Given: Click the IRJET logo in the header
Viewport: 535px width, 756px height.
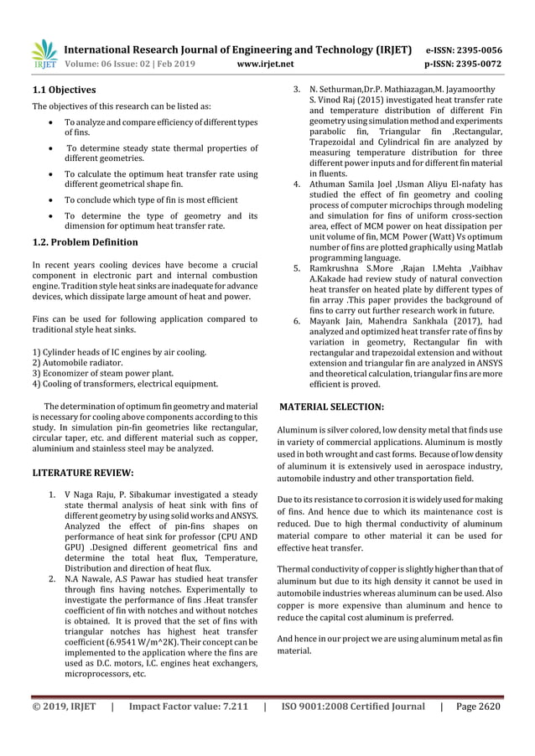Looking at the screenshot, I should pyautogui.click(x=44, y=54).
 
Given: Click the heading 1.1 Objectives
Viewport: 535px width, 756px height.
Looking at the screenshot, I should pyautogui.click(x=64, y=90).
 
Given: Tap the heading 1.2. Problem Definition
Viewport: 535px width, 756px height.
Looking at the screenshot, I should pyautogui.click(x=85, y=242).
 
